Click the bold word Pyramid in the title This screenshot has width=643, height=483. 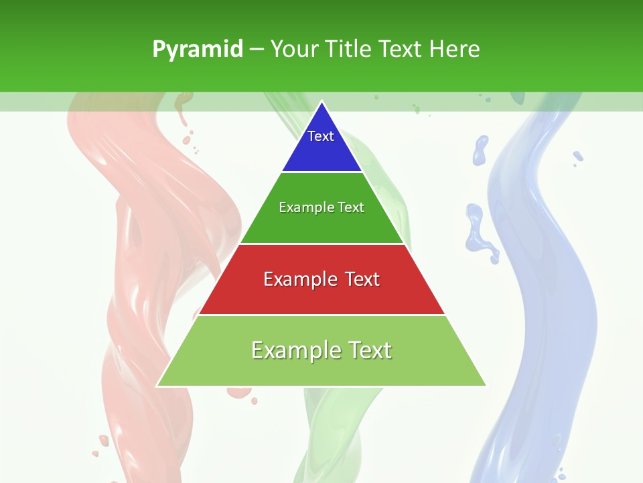[197, 50]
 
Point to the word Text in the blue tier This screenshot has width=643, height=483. [321, 136]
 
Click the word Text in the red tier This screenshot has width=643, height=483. [362, 279]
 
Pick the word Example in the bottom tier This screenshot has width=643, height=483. [295, 350]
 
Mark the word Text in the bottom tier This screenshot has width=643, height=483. [369, 350]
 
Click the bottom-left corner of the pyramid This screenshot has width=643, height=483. [158, 385]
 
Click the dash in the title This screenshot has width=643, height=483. [257, 50]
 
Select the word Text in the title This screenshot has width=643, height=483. [401, 50]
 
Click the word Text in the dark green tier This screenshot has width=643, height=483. [352, 207]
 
